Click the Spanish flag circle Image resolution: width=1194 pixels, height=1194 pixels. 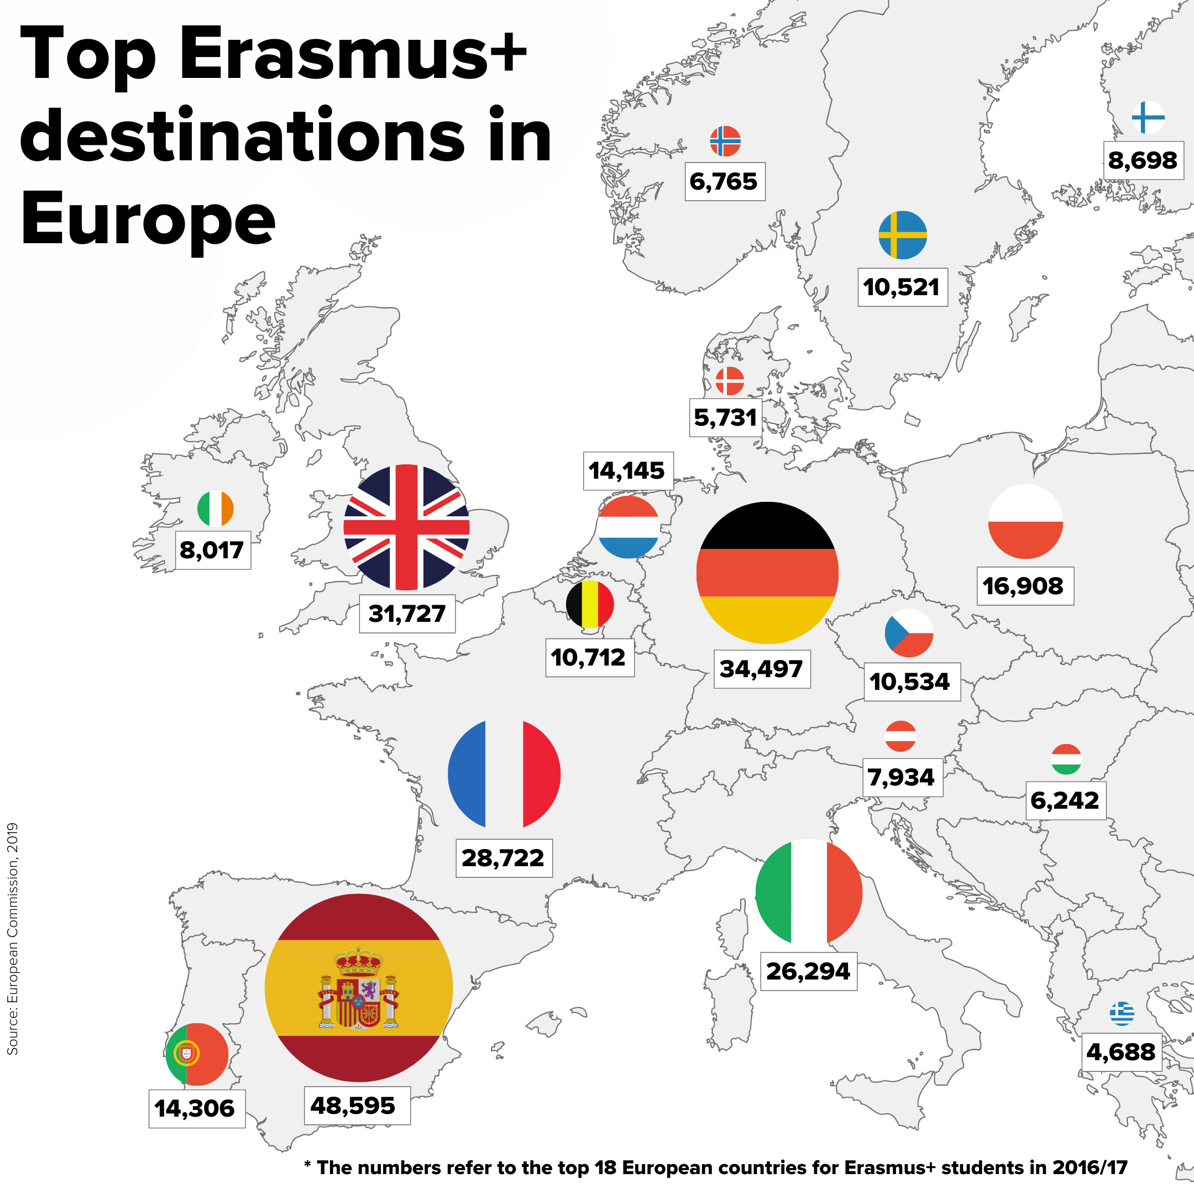(358, 988)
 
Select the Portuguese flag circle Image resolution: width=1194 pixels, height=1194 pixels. (197, 1054)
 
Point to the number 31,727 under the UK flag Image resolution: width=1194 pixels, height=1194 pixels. (407, 614)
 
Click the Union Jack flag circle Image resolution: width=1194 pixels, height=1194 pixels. (406, 527)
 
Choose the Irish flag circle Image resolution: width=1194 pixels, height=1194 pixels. (215, 509)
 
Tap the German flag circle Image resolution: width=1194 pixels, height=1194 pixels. (767, 573)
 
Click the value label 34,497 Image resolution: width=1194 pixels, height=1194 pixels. (761, 669)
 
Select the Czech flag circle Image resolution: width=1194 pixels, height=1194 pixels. (908, 633)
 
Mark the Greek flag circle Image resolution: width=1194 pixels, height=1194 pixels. (1122, 1014)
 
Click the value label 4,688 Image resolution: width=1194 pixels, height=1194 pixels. (1120, 1052)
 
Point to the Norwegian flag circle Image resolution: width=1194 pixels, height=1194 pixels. (725, 142)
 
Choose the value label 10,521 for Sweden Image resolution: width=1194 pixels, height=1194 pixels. (902, 287)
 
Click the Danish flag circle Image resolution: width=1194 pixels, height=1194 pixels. (729, 381)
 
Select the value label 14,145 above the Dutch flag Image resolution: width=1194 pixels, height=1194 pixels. (627, 471)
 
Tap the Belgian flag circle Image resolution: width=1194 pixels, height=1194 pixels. (590, 604)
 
